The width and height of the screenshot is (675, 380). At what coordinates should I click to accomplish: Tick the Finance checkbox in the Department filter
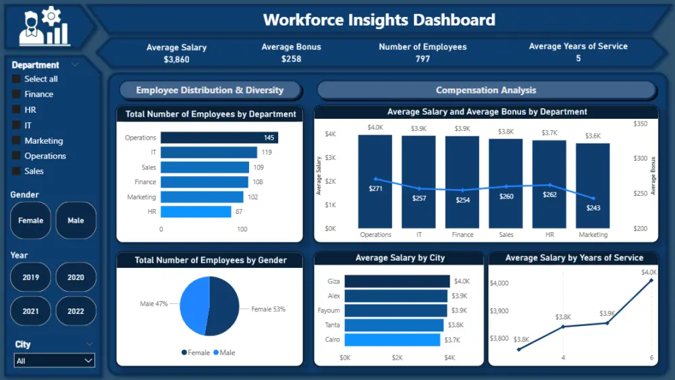pyautogui.click(x=16, y=94)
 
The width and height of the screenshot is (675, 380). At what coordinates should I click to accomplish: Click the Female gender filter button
pyautogui.click(x=30, y=221)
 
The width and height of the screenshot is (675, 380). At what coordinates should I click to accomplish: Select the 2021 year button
pyautogui.click(x=30, y=311)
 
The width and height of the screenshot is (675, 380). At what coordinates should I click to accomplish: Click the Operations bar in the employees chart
pyautogui.click(x=219, y=138)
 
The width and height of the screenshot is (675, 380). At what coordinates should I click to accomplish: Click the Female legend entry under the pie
pyautogui.click(x=196, y=352)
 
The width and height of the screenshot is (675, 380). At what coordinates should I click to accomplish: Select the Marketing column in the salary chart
pyautogui.click(x=593, y=186)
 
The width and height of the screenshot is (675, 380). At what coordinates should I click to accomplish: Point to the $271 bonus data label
pyautogui.click(x=375, y=188)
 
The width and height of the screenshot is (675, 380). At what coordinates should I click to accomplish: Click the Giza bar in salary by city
pyautogui.click(x=397, y=281)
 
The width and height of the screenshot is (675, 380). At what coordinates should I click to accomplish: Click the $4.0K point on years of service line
pyautogui.click(x=651, y=279)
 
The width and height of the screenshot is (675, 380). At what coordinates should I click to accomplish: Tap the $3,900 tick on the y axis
pyautogui.click(x=500, y=311)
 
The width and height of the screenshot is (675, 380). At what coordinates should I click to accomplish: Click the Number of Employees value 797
pyautogui.click(x=423, y=59)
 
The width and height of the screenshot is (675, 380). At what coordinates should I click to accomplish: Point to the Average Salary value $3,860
pyautogui.click(x=176, y=59)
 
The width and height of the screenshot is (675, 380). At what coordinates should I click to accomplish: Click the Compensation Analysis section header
pyautogui.click(x=486, y=90)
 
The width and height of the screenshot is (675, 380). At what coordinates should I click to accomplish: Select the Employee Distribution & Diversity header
pyautogui.click(x=209, y=90)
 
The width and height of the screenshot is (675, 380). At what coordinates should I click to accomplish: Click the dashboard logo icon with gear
pyautogui.click(x=45, y=27)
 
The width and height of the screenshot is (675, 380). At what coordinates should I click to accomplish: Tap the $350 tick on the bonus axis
pyautogui.click(x=641, y=124)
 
